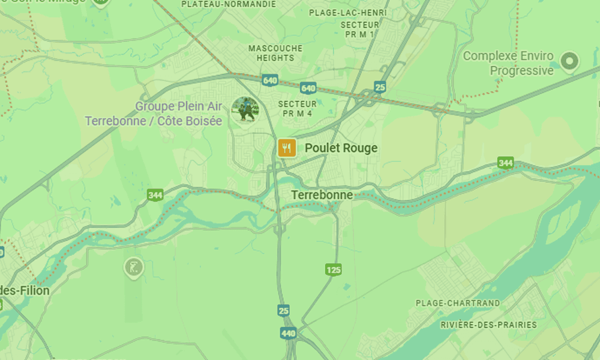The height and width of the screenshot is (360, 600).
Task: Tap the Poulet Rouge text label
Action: click(341, 148)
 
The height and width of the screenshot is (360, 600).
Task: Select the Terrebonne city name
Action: click(322, 195)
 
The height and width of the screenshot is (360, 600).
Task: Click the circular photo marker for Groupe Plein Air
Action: click(245, 109)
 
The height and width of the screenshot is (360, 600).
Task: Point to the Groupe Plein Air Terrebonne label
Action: click(154, 114)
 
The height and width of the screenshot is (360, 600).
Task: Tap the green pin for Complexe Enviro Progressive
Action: click(568, 60)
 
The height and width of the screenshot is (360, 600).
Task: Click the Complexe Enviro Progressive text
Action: click(508, 64)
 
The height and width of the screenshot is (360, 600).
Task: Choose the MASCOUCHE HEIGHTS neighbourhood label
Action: click(275, 53)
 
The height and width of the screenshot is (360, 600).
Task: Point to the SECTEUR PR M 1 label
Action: click(359, 29)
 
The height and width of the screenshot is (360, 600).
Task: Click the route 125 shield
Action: click(334, 270)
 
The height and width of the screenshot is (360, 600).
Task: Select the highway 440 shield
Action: click(289, 333)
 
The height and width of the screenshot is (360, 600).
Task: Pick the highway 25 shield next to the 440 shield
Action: click(284, 310)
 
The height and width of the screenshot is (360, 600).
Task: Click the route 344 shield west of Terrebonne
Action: click(155, 195)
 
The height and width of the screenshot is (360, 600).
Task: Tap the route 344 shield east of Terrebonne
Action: click(505, 163)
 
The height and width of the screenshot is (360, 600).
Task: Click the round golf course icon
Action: click(133, 267)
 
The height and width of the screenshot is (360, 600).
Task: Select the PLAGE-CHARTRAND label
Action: click(458, 304)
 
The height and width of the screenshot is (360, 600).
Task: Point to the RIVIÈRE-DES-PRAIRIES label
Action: click(488, 325)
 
